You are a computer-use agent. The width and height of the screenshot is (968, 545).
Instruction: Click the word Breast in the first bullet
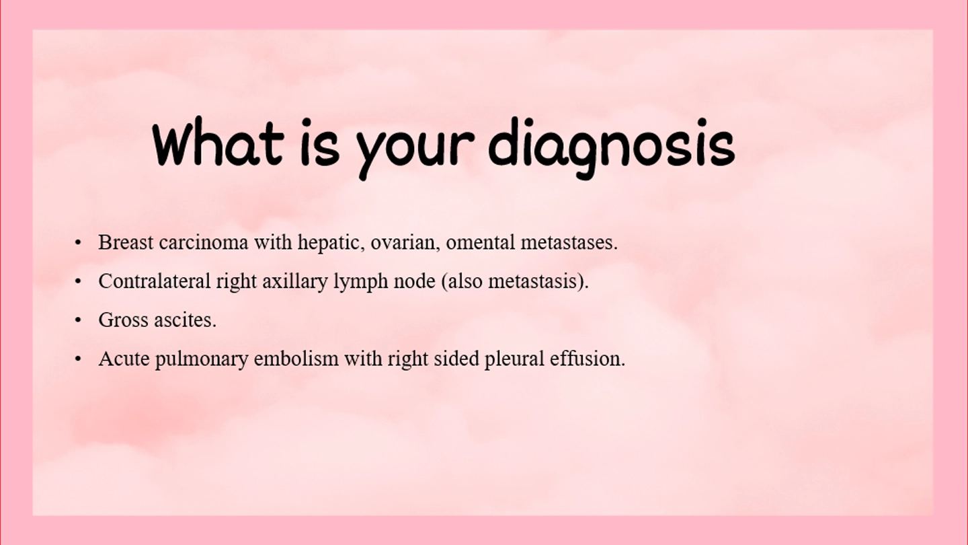click(126, 242)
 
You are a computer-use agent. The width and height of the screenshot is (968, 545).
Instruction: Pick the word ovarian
click(405, 243)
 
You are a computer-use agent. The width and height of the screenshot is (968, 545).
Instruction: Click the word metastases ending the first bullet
click(569, 243)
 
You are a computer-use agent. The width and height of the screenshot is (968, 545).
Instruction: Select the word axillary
click(295, 282)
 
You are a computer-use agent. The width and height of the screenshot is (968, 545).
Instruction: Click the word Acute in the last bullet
click(124, 359)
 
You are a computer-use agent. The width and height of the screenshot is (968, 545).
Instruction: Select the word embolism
click(296, 359)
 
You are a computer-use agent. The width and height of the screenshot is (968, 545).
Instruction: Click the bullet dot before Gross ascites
click(78, 320)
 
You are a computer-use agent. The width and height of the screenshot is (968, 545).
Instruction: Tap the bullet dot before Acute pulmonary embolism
click(78, 359)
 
